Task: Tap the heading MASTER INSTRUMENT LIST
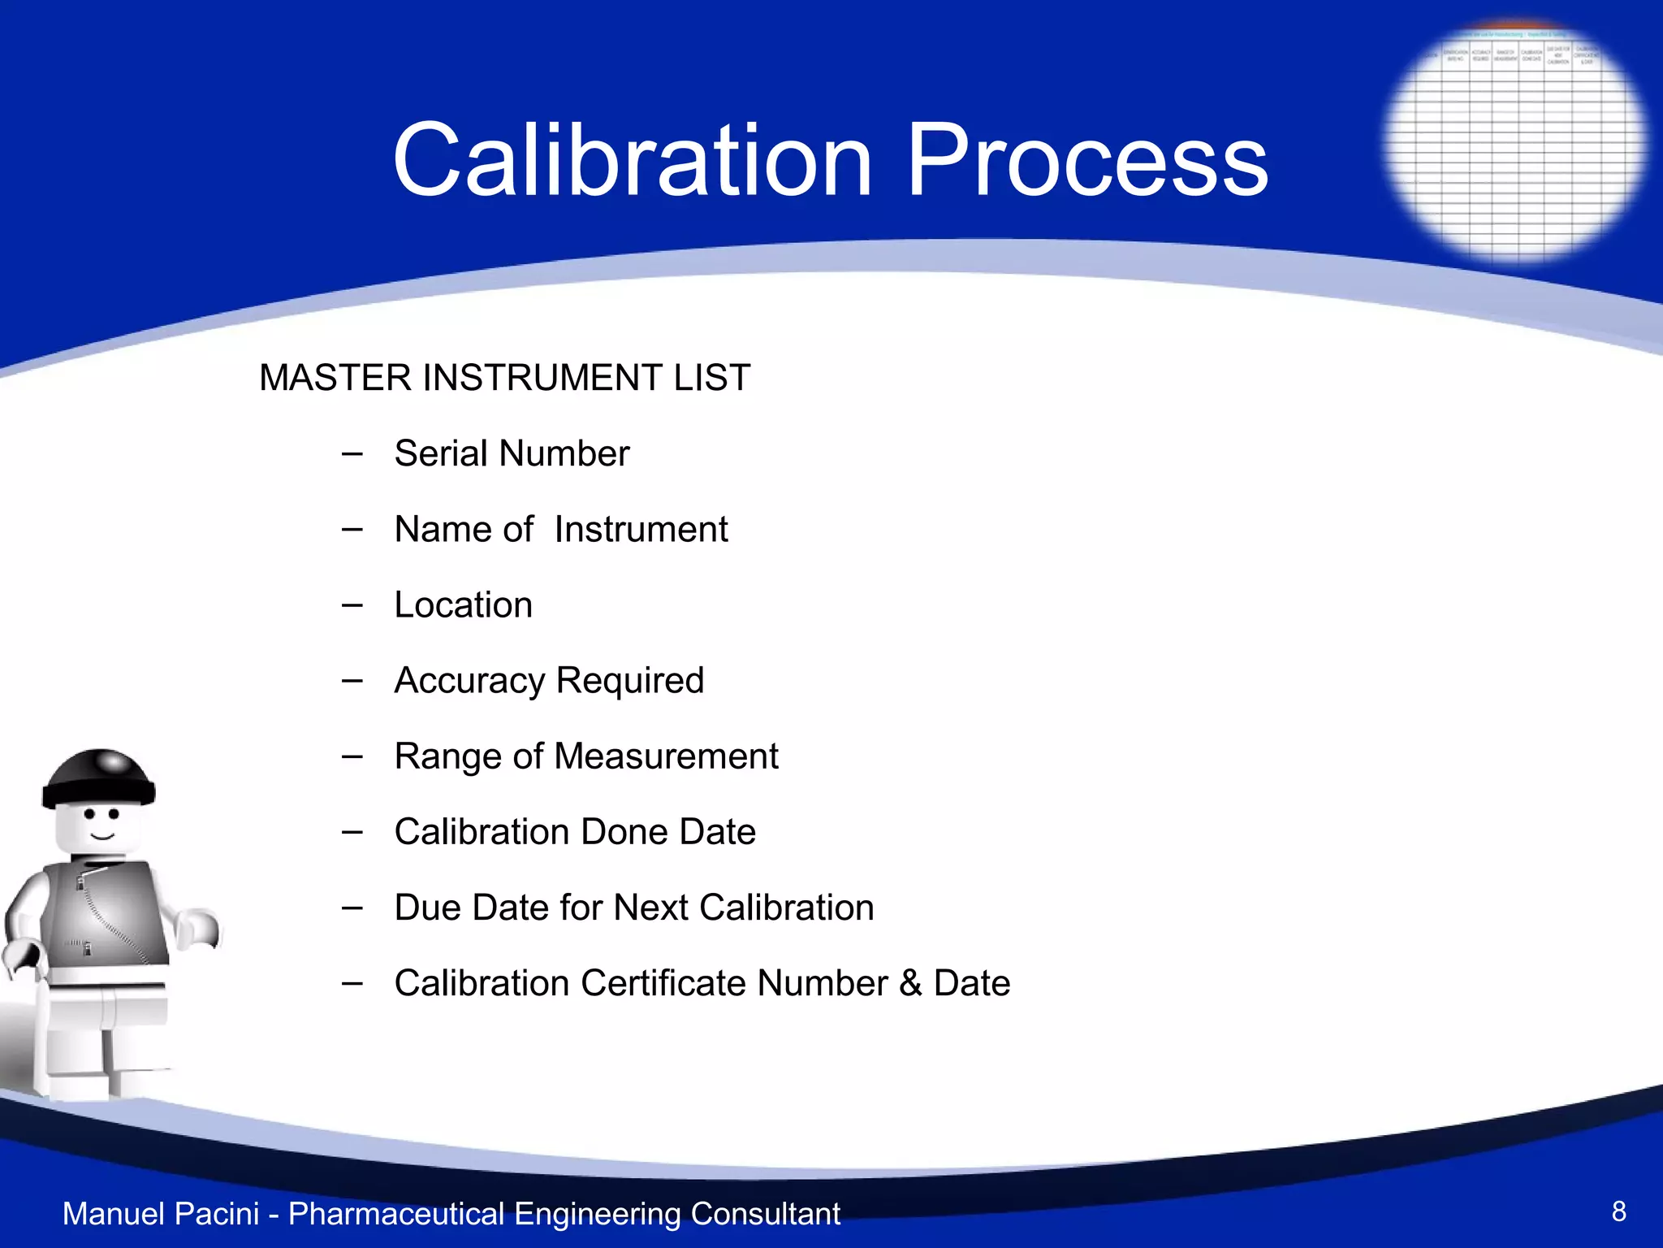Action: [x=504, y=378]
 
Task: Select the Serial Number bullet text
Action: [x=512, y=453]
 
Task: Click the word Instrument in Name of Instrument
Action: [x=641, y=530]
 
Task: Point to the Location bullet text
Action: [x=463, y=605]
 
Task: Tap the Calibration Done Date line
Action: [x=575, y=832]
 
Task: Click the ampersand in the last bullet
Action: [x=910, y=983]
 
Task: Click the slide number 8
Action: [x=1618, y=1211]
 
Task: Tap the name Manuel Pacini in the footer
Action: [x=161, y=1214]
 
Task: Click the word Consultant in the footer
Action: [x=765, y=1214]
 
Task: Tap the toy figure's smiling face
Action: [x=100, y=825]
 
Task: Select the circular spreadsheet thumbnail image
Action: [x=1514, y=142]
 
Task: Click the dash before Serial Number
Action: [x=352, y=453]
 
